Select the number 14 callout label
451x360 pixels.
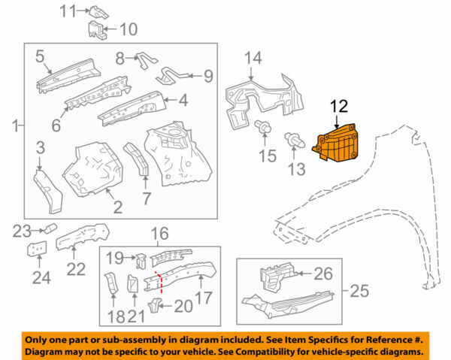click(x=253, y=58)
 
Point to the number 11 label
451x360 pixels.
click(x=68, y=11)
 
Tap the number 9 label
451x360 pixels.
click(x=207, y=75)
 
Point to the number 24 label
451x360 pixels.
click(x=41, y=279)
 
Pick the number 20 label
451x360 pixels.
click(x=183, y=306)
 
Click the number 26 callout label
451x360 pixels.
click(x=322, y=274)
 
